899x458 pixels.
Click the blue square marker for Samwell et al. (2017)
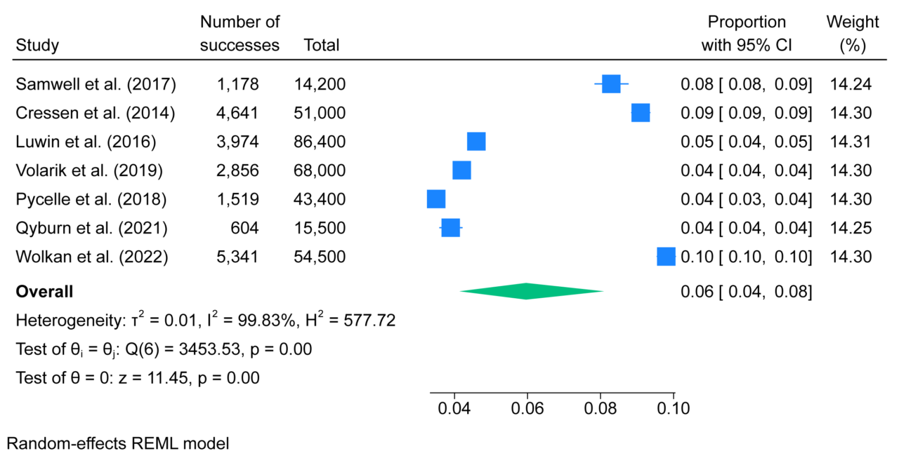point(611,84)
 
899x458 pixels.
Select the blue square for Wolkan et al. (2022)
point(665,257)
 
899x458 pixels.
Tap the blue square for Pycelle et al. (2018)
point(436,199)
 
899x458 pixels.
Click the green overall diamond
point(531,291)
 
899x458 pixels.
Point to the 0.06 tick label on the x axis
point(527,407)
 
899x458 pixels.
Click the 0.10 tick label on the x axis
point(674,407)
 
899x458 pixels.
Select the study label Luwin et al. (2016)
point(86,142)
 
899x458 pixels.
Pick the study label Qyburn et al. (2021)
point(92,228)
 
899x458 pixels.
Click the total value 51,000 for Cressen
point(320,113)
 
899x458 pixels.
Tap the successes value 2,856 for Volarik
point(237,170)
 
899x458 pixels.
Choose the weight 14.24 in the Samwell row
point(851,84)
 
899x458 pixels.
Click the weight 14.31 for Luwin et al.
point(851,142)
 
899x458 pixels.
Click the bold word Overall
point(44,291)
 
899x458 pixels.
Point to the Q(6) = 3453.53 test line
point(164,349)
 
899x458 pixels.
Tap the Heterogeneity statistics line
point(205,321)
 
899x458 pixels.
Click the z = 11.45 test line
point(138,378)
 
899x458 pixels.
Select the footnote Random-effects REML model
point(118,443)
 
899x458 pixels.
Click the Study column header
point(37,46)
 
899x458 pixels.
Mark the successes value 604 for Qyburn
point(245,228)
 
